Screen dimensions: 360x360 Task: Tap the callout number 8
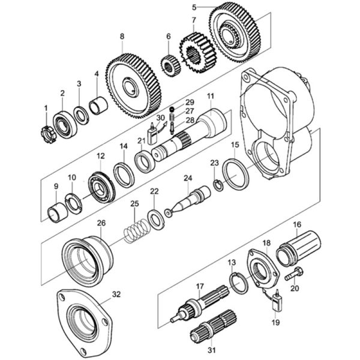[122, 36]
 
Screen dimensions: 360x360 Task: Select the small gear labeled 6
[170, 66]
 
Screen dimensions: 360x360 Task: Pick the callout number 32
[116, 295]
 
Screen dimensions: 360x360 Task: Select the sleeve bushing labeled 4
[98, 106]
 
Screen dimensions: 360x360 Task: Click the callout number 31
[212, 350]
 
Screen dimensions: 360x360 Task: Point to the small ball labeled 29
[171, 109]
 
